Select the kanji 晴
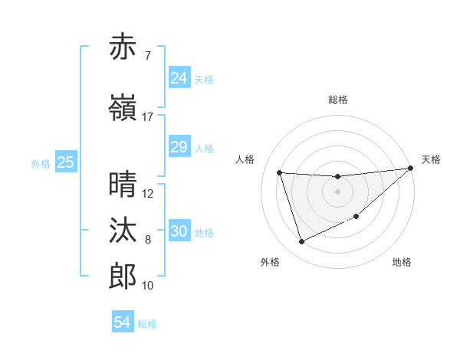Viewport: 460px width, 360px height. tap(123, 184)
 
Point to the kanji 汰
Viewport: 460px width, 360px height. tap(123, 230)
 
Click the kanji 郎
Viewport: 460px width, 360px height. tap(123, 276)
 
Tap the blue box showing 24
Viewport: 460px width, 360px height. tap(179, 78)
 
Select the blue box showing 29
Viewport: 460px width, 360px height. tap(179, 147)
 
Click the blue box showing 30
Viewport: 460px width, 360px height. tap(179, 231)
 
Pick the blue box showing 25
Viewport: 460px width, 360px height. tap(65, 162)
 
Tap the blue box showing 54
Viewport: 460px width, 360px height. tap(122, 322)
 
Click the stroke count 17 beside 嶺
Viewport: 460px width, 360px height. tap(148, 117)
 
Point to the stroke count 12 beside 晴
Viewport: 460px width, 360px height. tap(148, 193)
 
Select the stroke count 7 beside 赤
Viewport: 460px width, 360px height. tap(147, 55)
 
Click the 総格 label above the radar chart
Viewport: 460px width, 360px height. tap(337, 100)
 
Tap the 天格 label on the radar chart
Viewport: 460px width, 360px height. tap(431, 159)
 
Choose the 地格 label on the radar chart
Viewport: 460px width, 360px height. tap(402, 262)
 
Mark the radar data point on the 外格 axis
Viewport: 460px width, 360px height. tap(301, 242)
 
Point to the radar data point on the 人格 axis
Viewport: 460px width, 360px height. tap(279, 172)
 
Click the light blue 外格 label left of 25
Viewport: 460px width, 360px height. tap(40, 163)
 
